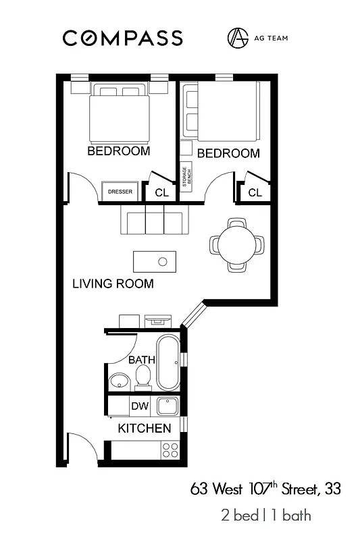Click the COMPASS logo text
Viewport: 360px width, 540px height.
122,38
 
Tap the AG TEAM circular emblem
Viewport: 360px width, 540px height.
237,38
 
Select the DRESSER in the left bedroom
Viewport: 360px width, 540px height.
120,192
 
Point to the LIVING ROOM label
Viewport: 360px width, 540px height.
113,283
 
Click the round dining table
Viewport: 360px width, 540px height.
237,245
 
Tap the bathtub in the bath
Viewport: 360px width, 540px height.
168,363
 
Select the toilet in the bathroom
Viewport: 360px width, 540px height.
143,379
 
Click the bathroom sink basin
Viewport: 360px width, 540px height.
119,381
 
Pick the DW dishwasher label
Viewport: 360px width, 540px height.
140,406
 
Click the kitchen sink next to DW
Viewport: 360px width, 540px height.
168,406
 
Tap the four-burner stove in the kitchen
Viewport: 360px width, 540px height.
170,450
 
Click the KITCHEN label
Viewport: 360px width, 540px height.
144,429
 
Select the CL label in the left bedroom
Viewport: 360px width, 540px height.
161,192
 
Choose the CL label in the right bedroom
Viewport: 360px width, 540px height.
255,192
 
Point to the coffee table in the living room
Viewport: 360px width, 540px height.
155,261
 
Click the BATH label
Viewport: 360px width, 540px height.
142,360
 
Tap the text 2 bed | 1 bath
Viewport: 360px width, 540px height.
265,516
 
